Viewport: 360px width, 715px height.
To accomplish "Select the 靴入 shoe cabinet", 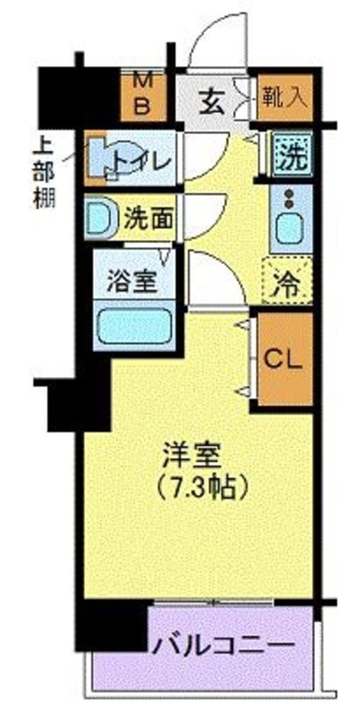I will click(x=285, y=97).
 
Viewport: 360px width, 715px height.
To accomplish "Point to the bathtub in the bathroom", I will click(x=133, y=327).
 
